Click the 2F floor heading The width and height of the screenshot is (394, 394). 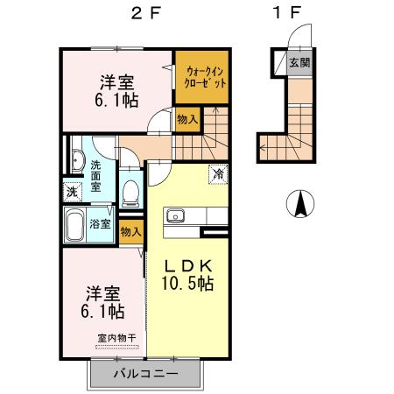(144, 15)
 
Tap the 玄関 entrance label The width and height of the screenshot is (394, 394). (300, 63)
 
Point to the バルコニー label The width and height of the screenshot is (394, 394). (145, 375)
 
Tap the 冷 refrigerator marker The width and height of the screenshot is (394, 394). (216, 173)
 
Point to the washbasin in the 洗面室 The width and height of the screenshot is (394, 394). (74, 160)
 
